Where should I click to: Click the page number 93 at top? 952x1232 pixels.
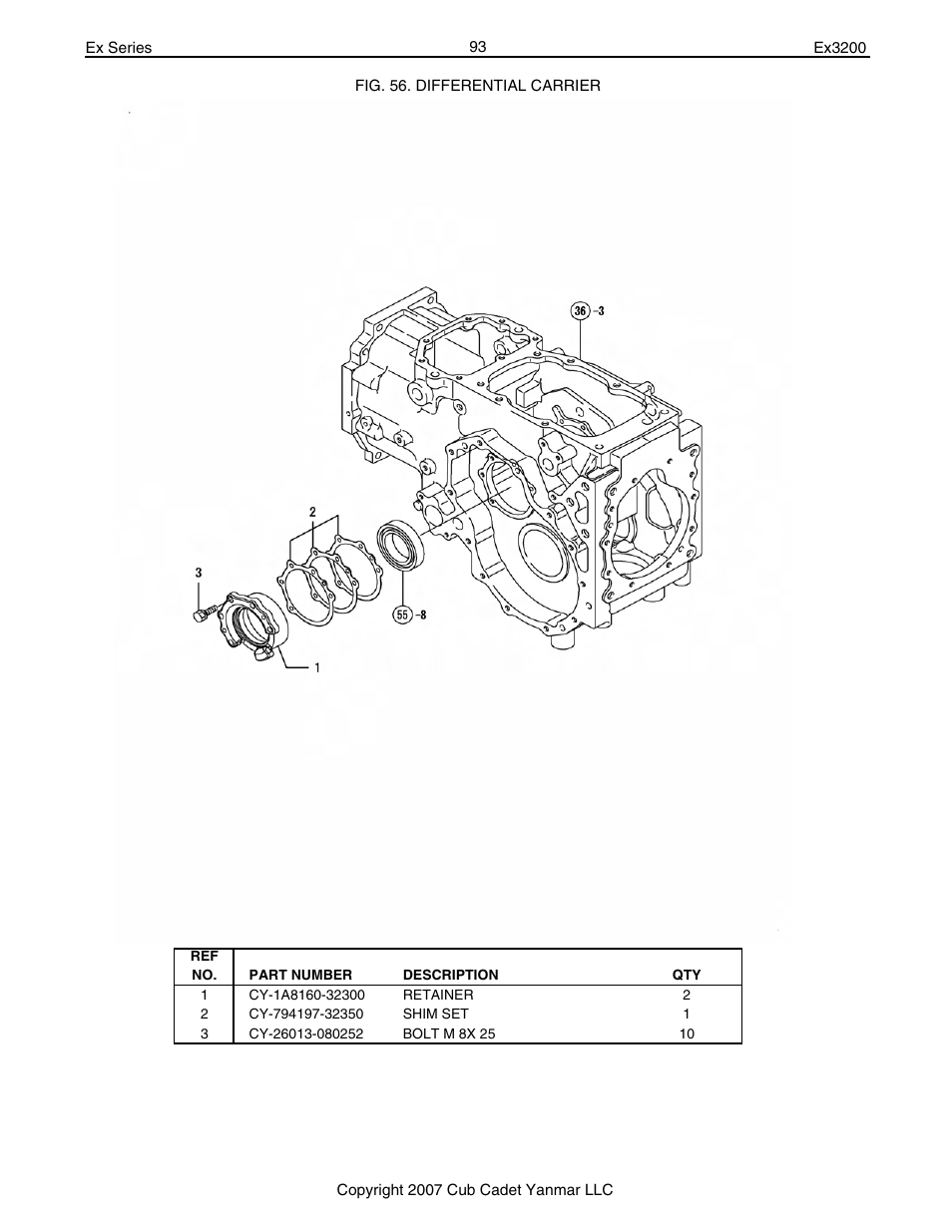point(477,47)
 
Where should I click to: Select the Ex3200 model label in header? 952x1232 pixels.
point(841,48)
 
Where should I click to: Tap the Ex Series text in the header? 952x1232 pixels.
point(118,48)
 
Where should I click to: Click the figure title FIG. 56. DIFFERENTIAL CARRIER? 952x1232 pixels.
point(478,86)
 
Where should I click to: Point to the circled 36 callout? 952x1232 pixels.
point(581,310)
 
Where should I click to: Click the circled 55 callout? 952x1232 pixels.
point(402,615)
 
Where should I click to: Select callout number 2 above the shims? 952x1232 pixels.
point(312,512)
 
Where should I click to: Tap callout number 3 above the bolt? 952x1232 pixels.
point(199,573)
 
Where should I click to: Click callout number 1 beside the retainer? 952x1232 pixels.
point(316,667)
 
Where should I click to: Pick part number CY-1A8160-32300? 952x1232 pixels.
point(307,995)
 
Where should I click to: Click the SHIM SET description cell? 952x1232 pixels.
point(435,1014)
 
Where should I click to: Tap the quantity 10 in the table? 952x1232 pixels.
point(687,1033)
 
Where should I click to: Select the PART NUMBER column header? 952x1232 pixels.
point(300,975)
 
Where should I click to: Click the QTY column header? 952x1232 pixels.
point(687,975)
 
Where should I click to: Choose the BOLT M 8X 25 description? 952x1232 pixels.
point(448,1033)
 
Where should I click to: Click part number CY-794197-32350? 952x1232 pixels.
point(306,1014)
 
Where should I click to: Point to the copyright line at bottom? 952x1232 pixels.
point(474,1189)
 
